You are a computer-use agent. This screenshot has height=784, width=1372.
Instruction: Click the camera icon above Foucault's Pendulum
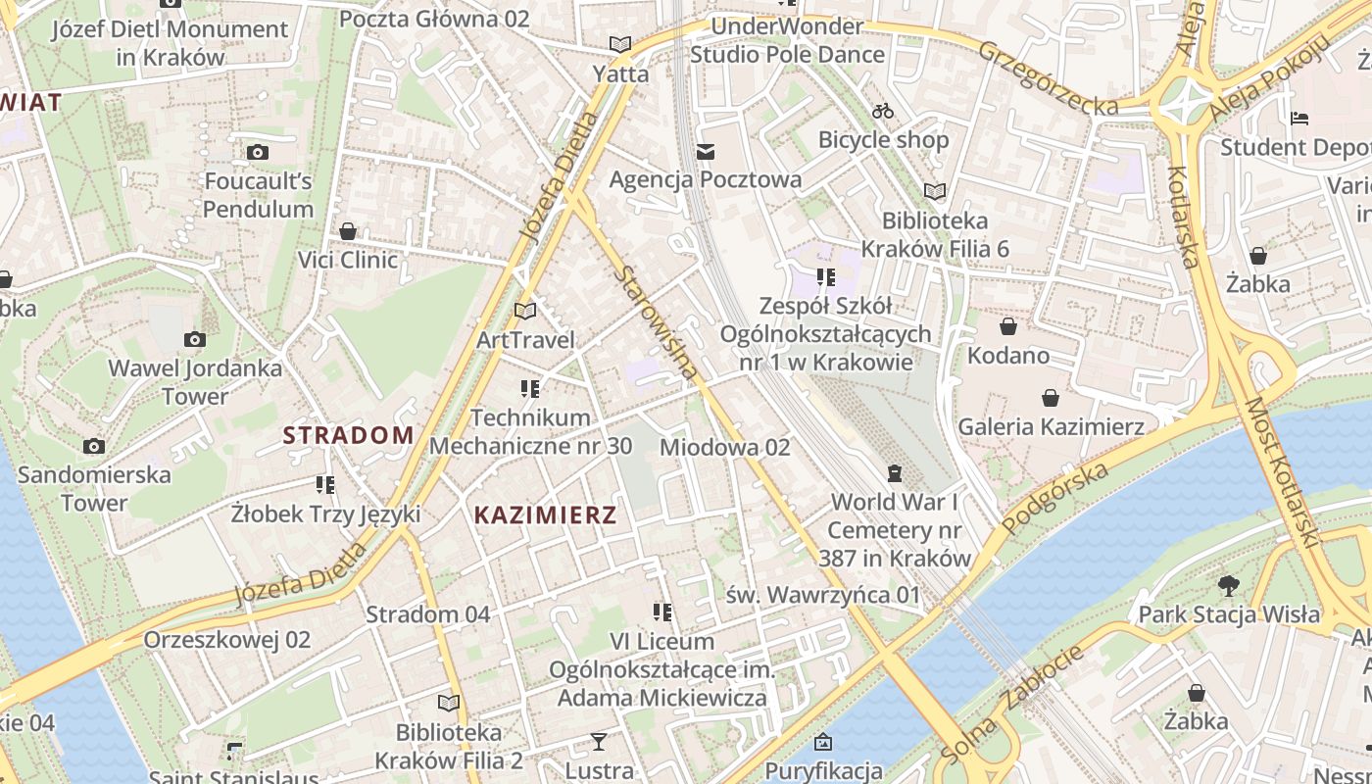click(x=258, y=152)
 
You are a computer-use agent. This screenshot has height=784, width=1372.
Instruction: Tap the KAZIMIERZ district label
click(x=545, y=514)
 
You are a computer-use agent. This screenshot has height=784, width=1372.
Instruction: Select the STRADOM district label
click(x=349, y=435)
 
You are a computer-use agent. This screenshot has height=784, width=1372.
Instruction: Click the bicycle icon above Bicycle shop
click(x=883, y=111)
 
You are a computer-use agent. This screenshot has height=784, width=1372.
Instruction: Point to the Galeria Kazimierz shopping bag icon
click(x=1051, y=398)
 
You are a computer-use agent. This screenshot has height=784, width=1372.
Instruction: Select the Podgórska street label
click(x=1054, y=497)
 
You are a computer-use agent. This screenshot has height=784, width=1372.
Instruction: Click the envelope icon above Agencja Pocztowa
click(x=706, y=152)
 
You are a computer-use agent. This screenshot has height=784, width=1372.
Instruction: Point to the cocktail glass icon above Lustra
click(x=599, y=742)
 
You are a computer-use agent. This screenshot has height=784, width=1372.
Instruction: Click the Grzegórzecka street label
click(x=1047, y=77)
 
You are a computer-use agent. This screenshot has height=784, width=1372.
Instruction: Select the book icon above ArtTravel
click(x=525, y=312)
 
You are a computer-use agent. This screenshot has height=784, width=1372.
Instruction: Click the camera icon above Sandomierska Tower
click(x=94, y=447)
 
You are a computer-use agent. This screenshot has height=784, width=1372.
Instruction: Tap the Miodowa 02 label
click(x=724, y=447)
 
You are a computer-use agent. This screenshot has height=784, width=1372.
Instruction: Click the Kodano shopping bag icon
click(x=1008, y=326)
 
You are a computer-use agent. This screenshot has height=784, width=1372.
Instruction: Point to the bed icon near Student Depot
click(x=1299, y=120)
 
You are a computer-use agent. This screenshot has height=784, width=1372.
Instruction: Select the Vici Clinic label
click(x=348, y=260)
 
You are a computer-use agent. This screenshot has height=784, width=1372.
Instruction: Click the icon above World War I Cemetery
click(x=894, y=474)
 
